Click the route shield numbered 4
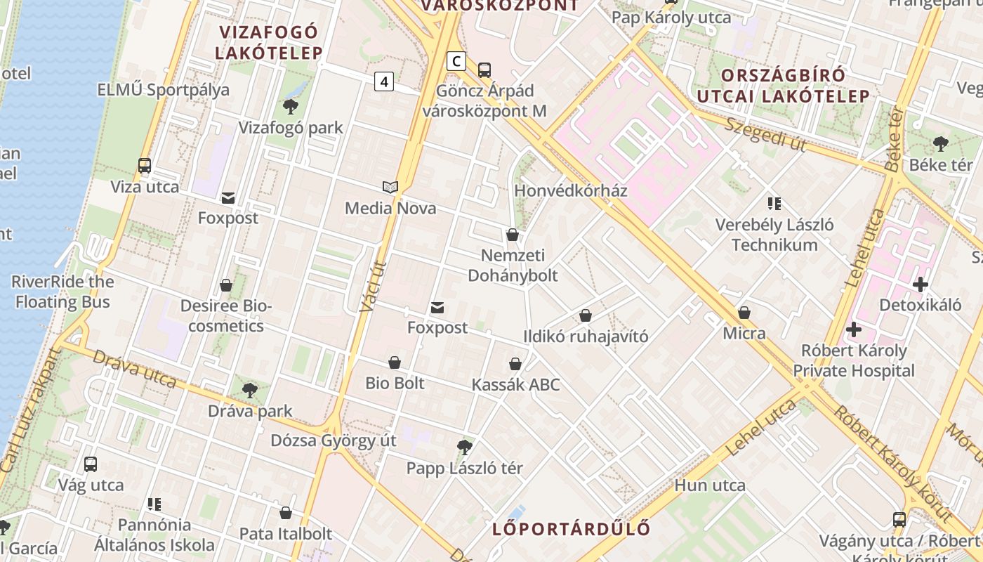(x=383, y=81)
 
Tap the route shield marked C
(x=456, y=61)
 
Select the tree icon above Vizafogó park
(x=290, y=107)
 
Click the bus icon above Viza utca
(x=145, y=166)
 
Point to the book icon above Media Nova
(x=390, y=187)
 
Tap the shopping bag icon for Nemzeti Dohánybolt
(x=513, y=235)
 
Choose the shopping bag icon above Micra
(x=744, y=312)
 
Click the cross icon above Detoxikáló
(x=920, y=285)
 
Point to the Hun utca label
(x=710, y=485)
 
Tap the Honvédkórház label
(x=571, y=190)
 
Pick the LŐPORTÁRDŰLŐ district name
(x=571, y=529)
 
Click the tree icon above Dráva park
(x=249, y=390)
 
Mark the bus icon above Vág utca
(x=91, y=464)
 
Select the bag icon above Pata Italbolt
(x=285, y=513)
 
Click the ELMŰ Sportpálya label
(x=164, y=89)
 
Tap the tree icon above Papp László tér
(x=464, y=447)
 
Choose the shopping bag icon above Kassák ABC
(x=515, y=364)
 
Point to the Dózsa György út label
(x=334, y=440)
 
